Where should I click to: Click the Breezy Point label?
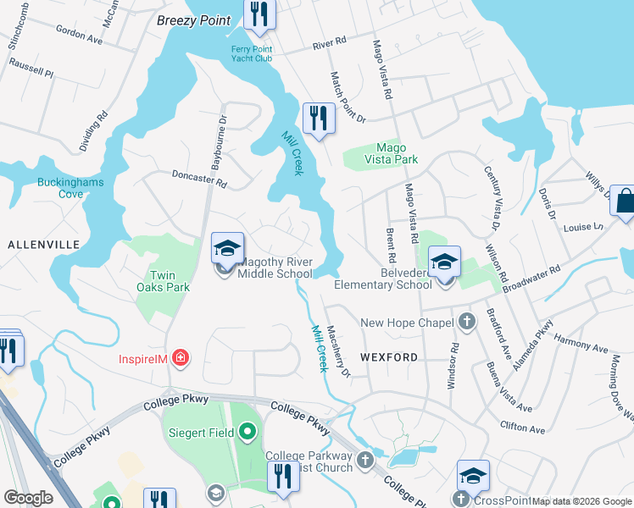[x=193, y=21]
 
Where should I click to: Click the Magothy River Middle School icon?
[x=227, y=249]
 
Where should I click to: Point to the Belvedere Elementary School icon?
[x=443, y=262]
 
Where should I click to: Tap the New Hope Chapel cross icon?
[x=466, y=322]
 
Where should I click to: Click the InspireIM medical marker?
[x=179, y=359]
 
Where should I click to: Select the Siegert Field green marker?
[x=247, y=433]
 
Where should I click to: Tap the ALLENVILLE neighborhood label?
[x=43, y=245]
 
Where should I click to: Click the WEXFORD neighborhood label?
[x=388, y=357]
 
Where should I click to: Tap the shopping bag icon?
[x=625, y=202]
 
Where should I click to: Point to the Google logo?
[x=28, y=498]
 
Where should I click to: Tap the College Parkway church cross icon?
[x=365, y=461]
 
